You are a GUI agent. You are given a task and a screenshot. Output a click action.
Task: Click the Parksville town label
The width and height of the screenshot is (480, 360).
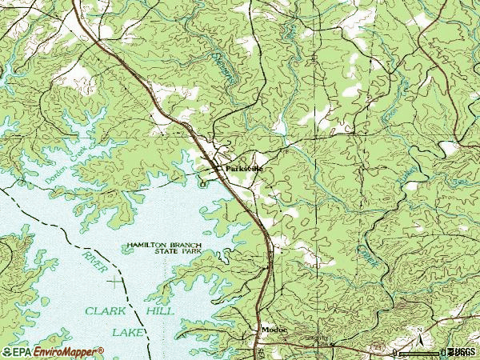click(x=243, y=169)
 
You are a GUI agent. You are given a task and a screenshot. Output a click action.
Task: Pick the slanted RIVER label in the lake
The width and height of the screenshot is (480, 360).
click(x=94, y=262)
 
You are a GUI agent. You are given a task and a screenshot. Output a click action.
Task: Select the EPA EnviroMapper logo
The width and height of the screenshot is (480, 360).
click(x=53, y=351)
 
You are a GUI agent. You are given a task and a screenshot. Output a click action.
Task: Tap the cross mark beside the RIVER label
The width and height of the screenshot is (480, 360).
click(x=118, y=281)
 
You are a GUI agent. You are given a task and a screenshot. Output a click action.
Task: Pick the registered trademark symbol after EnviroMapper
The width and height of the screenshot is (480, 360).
click(x=101, y=349)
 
